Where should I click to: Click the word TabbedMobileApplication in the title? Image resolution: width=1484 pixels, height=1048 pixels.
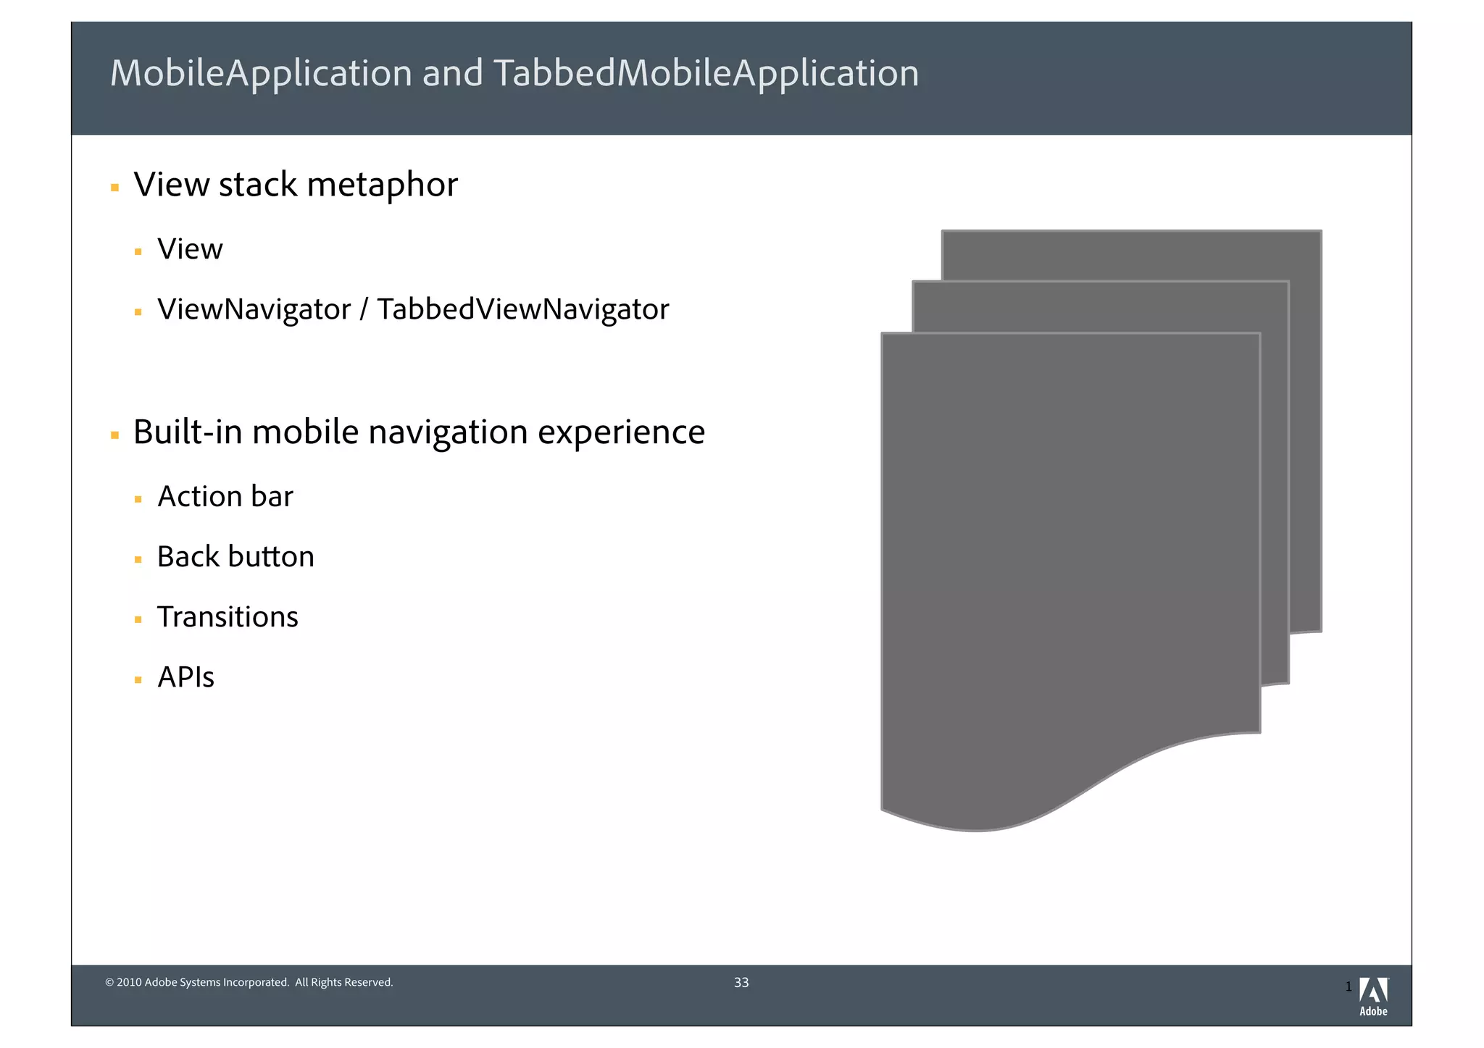[706, 74]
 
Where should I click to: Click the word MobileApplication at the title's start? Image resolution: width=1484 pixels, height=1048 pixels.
[261, 74]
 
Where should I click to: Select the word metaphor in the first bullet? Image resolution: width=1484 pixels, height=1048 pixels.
[382, 185]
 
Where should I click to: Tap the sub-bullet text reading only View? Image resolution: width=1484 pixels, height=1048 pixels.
[190, 249]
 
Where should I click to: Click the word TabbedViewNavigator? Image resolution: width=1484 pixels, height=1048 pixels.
[522, 309]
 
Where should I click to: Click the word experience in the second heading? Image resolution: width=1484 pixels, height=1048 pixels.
[621, 432]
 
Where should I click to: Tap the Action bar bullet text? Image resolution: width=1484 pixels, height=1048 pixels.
[225, 497]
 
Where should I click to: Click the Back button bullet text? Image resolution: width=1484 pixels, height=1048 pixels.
[235, 557]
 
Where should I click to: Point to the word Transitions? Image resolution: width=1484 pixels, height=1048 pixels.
[228, 617]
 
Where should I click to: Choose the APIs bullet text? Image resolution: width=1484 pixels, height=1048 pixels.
[185, 678]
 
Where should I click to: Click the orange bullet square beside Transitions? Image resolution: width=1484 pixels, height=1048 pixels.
[138, 620]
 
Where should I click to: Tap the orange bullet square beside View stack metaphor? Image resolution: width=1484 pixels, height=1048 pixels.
[114, 188]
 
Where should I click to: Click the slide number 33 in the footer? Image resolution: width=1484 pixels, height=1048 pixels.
[741, 983]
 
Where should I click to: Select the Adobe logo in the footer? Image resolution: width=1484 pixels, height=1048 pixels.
[1373, 997]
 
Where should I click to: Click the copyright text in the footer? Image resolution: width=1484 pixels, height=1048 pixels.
[249, 983]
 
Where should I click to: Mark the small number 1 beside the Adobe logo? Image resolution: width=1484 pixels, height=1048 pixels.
[1348, 986]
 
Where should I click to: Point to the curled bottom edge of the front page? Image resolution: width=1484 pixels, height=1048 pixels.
[1087, 789]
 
